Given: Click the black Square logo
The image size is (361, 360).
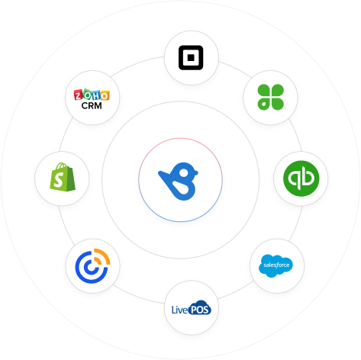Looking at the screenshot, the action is [191, 57].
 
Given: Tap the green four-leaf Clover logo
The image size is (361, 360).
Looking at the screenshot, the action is [270, 97].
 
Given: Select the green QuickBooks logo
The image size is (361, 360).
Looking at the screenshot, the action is [301, 178].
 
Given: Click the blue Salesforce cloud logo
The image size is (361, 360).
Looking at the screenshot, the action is [276, 265].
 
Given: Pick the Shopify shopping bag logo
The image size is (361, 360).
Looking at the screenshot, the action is [63, 177].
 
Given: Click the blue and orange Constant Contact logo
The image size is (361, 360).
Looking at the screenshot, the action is [92, 266].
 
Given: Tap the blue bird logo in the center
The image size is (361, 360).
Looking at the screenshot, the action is [179, 182].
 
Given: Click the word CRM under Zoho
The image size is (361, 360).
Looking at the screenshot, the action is [92, 105].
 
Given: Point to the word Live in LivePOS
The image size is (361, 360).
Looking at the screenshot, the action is [180, 310].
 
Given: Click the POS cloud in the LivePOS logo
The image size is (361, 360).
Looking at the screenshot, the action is [200, 308].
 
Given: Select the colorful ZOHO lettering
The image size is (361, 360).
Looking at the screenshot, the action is [92, 95].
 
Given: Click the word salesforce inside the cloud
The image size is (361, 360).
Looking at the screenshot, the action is [276, 265].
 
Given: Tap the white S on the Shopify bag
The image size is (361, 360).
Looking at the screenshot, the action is [59, 180].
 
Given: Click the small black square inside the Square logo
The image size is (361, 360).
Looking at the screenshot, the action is [191, 57].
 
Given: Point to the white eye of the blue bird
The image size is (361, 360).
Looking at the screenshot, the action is [184, 173].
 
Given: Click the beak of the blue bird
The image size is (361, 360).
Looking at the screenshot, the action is [196, 172].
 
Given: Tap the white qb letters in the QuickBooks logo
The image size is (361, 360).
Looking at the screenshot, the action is [301, 178].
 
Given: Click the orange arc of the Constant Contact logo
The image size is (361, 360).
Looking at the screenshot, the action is [104, 256].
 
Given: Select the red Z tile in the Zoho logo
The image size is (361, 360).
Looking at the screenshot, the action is [79, 95].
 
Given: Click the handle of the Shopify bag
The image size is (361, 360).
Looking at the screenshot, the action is [62, 166].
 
